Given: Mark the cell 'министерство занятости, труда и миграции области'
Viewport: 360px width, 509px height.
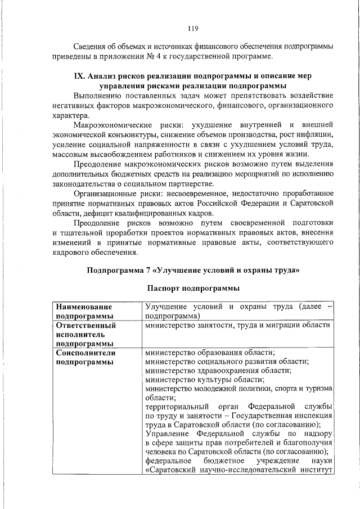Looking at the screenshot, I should coord(237,325).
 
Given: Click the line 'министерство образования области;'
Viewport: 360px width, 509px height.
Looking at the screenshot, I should coord(209,352).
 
